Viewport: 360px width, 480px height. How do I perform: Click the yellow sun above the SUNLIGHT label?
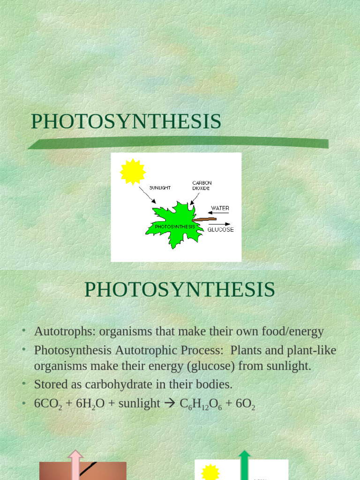click(133, 172)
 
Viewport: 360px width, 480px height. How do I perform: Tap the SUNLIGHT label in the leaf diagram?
click(160, 187)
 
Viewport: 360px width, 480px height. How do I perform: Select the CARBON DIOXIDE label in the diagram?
click(202, 185)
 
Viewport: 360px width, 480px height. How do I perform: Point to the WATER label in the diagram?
click(220, 208)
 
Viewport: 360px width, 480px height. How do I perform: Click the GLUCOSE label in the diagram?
click(220, 230)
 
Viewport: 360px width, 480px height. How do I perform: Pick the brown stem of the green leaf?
click(204, 219)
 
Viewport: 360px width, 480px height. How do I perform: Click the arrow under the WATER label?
click(218, 213)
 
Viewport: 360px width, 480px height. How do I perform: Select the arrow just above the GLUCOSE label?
click(219, 224)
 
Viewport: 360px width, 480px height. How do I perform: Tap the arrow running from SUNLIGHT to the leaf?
click(147, 195)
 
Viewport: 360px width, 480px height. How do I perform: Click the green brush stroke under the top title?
click(178, 142)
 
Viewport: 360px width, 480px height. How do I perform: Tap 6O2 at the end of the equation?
click(246, 404)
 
